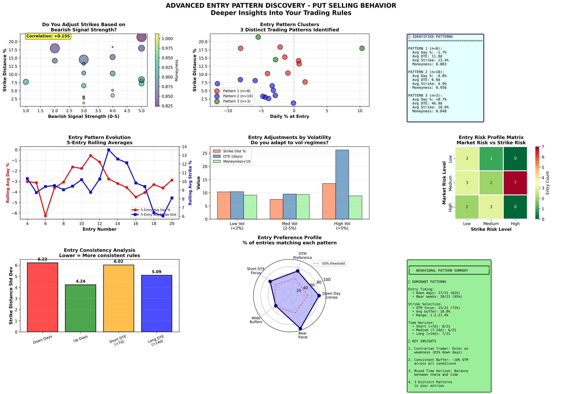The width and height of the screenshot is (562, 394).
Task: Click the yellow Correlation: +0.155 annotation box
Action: [48, 36]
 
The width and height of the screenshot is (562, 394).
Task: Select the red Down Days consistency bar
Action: [42, 297]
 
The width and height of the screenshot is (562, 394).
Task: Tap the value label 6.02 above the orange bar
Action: [119, 262]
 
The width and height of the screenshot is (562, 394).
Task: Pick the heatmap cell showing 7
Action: [515, 182]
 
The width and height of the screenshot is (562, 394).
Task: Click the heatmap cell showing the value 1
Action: [491, 158]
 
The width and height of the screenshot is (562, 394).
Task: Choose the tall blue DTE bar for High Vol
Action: [342, 184]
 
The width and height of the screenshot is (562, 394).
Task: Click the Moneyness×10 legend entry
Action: [237, 162]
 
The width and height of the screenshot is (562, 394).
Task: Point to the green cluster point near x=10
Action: [362, 48]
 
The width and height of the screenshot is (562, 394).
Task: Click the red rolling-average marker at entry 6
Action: [45, 216]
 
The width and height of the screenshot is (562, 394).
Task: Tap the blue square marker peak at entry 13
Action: [109, 150]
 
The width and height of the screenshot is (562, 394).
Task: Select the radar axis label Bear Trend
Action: [302, 335]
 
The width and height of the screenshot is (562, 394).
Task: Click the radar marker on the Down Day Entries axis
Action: [319, 296]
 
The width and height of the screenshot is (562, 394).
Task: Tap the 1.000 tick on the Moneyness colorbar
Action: [167, 39]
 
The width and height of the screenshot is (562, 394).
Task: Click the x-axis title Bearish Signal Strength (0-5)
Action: [84, 117]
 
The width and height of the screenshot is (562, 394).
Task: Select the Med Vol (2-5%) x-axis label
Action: [289, 226]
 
